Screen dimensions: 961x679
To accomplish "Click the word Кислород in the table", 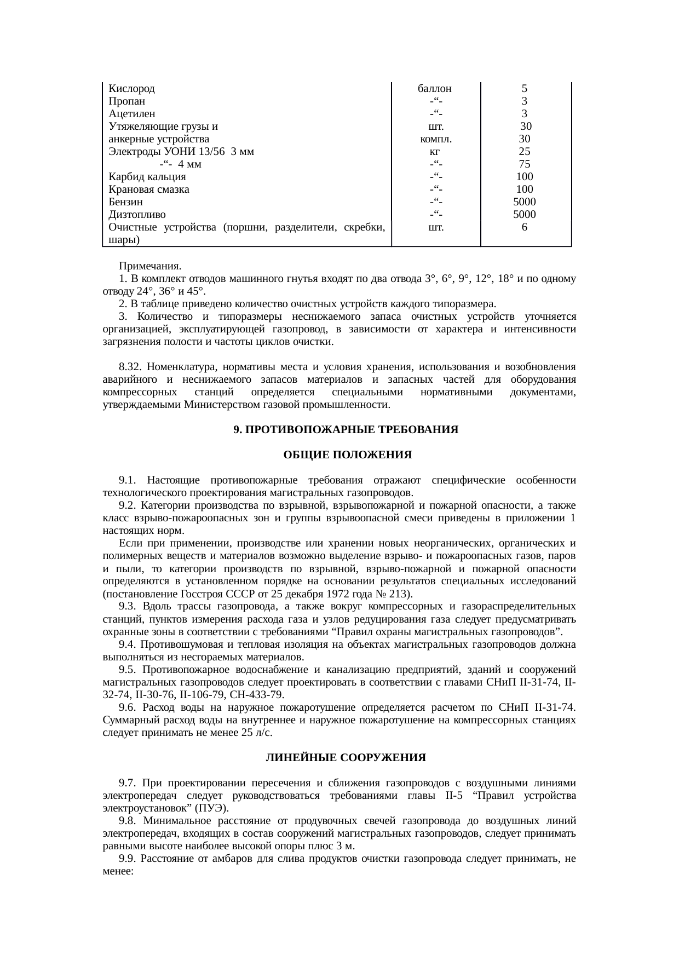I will click(x=131, y=89).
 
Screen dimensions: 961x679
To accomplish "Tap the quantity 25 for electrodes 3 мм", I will click(x=525, y=152).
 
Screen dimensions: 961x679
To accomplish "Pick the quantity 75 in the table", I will click(x=525, y=164).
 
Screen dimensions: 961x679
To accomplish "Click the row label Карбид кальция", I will click(x=147, y=177).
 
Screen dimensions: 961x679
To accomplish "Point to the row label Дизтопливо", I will click(x=137, y=215).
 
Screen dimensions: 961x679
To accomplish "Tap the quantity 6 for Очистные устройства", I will click(x=525, y=227).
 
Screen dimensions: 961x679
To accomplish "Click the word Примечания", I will click(x=150, y=266).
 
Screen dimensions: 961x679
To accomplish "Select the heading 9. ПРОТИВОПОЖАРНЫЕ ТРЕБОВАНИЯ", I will click(x=346, y=430).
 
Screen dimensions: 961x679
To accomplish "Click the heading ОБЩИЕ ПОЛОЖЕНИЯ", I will click(x=347, y=456).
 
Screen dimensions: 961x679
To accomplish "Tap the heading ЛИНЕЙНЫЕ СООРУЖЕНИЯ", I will click(x=346, y=758).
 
